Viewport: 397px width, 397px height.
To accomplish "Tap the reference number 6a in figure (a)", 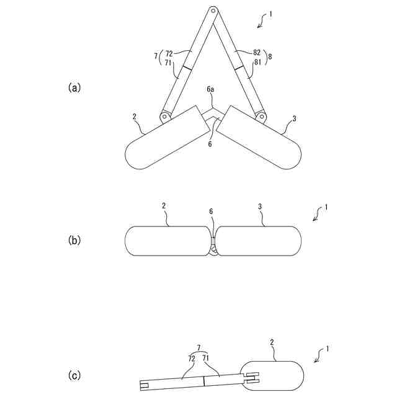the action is click(x=211, y=90).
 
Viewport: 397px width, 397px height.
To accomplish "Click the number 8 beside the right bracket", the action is click(x=270, y=56).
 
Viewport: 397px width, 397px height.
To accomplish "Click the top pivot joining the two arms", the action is click(x=212, y=10).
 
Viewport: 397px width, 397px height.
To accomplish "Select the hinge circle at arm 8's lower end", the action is click(x=261, y=116).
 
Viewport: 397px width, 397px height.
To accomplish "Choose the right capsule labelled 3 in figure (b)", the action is click(x=259, y=240).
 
